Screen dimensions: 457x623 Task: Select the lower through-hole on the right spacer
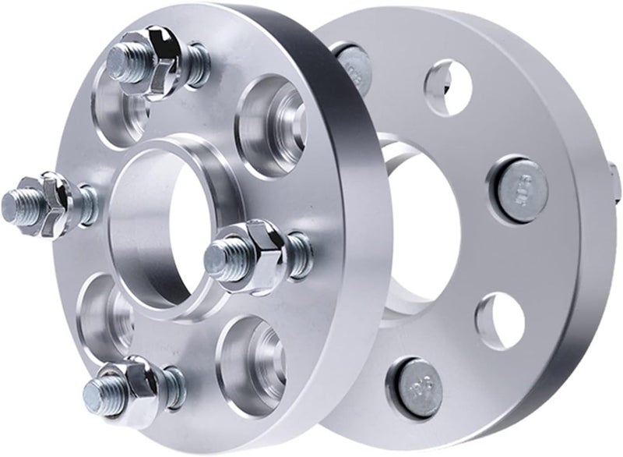(499, 319)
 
